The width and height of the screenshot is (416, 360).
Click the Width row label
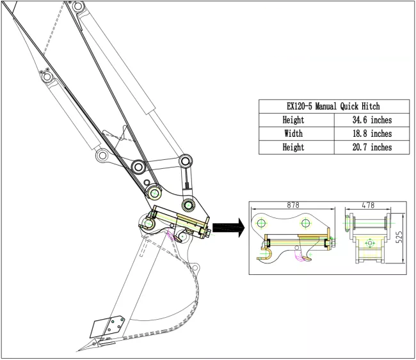[296, 134]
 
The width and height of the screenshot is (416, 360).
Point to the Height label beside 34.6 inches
[296, 120]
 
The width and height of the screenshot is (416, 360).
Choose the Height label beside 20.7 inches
[296, 148]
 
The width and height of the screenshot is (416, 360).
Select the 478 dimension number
[368, 206]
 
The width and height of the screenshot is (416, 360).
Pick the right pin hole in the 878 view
[306, 223]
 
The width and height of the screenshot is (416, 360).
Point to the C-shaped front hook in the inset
[267, 254]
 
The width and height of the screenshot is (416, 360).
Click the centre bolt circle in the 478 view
[368, 244]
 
